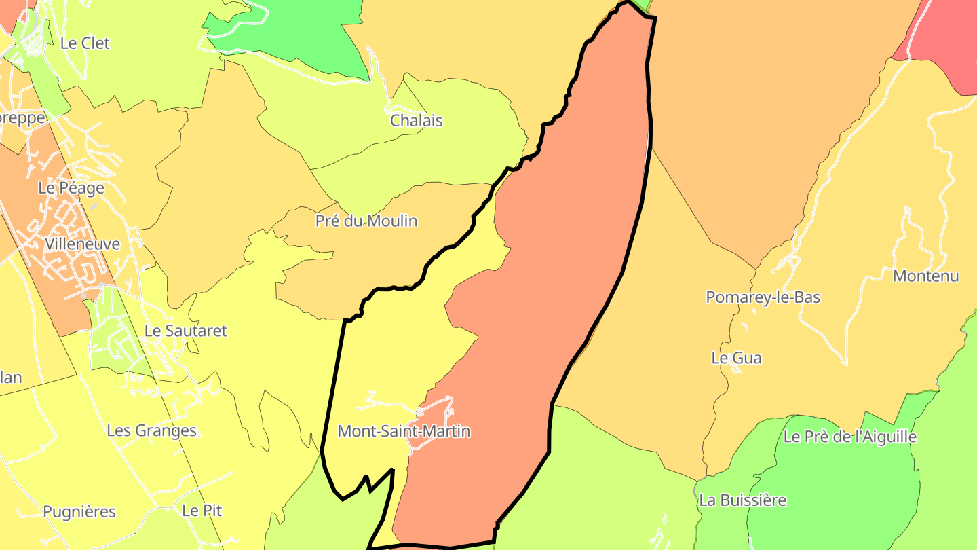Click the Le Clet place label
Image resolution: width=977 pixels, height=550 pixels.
pyautogui.click(x=85, y=43)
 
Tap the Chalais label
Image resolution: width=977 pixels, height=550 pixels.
pyautogui.click(x=416, y=121)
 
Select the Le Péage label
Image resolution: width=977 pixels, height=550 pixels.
pyautogui.click(x=71, y=188)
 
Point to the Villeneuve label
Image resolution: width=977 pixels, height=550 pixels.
pyautogui.click(x=82, y=244)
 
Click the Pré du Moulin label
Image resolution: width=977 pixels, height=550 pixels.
pyautogui.click(x=366, y=221)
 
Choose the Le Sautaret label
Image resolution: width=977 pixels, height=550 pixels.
pyautogui.click(x=185, y=331)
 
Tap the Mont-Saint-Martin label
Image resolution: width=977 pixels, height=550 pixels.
pyautogui.click(x=404, y=431)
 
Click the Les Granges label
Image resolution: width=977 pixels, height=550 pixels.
pyautogui.click(x=151, y=430)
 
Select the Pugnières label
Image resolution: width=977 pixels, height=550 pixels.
pyautogui.click(x=79, y=512)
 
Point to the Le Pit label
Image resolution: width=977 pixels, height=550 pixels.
pyautogui.click(x=202, y=511)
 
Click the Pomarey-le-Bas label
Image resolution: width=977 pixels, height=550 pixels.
pyautogui.click(x=763, y=297)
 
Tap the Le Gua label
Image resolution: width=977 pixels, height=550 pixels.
pyautogui.click(x=736, y=358)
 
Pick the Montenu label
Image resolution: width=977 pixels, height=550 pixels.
pyautogui.click(x=925, y=276)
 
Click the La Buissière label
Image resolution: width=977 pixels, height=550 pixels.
pyautogui.click(x=742, y=500)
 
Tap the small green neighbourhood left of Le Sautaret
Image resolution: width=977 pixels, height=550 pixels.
pyautogui.click(x=109, y=340)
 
